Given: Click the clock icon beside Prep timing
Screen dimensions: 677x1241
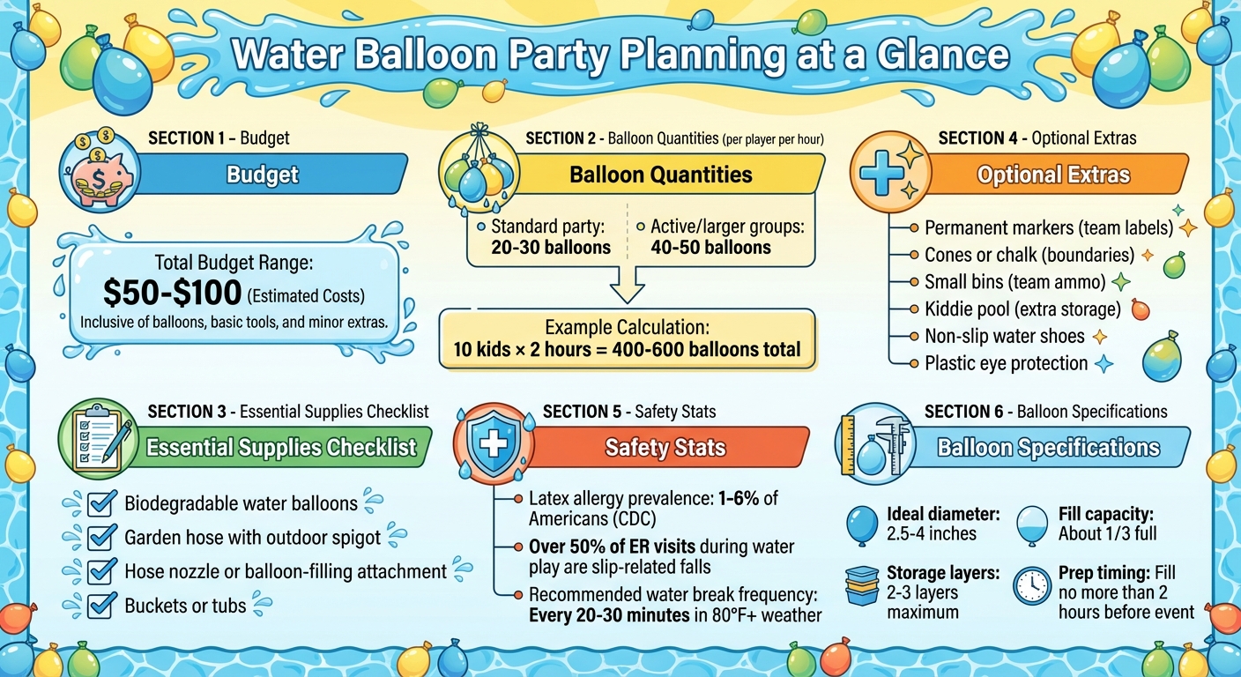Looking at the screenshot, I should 1031,584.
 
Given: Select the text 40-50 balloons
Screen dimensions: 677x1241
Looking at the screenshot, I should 710,248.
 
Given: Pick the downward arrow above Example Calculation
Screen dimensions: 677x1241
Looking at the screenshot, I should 628,286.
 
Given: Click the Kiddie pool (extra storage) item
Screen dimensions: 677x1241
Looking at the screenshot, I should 1022,309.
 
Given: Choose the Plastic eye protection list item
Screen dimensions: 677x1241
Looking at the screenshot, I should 1006,363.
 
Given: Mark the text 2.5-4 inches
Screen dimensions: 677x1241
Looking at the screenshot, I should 933,533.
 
